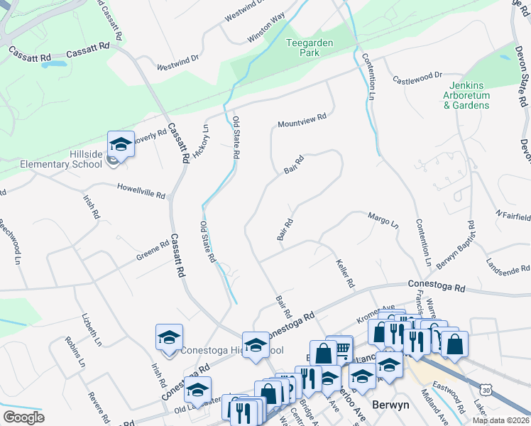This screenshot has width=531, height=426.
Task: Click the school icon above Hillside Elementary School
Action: (121, 145)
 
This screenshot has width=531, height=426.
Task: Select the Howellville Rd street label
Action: (141, 190)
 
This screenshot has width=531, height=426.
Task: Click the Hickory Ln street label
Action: (201, 141)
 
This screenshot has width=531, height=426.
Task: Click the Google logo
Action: (23, 417)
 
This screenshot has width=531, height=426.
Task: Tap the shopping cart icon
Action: (342, 348)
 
